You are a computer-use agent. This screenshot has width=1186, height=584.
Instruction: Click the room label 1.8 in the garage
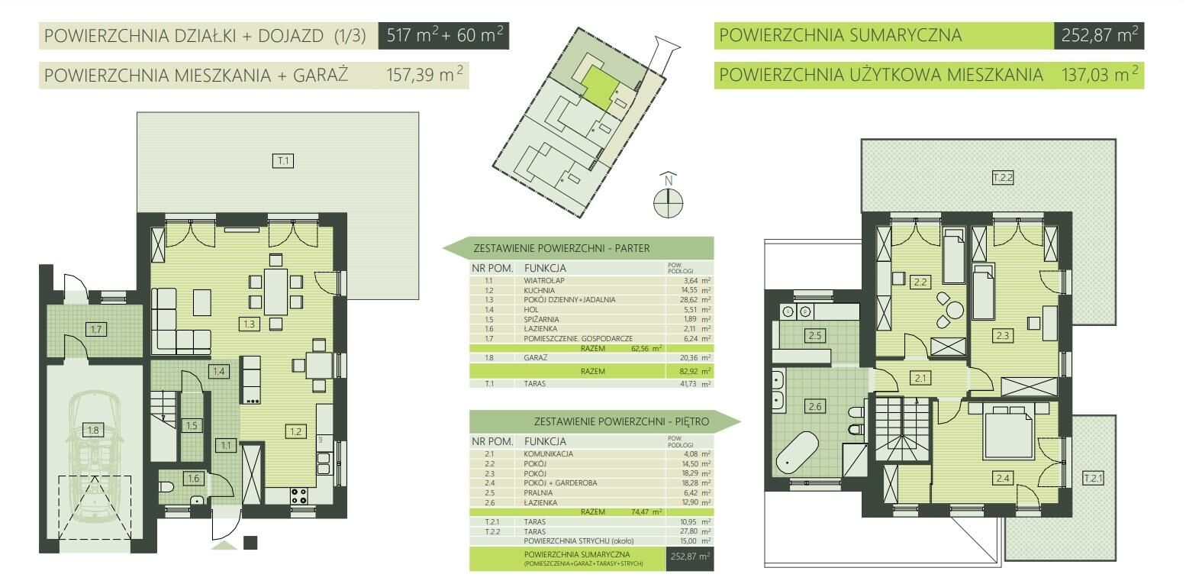click(93, 430)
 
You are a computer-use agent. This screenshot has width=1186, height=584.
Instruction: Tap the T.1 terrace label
click(283, 160)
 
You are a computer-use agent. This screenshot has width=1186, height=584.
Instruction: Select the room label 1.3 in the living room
click(250, 324)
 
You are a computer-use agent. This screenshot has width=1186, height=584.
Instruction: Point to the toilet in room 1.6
click(167, 486)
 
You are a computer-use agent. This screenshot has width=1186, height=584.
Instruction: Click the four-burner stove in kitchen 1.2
click(298, 495)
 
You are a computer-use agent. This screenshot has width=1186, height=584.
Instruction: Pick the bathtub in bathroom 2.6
click(798, 453)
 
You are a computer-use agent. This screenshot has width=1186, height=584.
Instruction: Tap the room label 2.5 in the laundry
click(815, 335)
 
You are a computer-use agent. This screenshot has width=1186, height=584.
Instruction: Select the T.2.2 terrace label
click(1002, 178)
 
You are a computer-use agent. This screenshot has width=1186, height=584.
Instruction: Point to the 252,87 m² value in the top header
click(1099, 35)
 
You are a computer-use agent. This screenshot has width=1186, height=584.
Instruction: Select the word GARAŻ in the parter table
click(535, 358)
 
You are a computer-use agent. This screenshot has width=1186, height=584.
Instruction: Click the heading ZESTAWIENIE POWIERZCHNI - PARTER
click(561, 248)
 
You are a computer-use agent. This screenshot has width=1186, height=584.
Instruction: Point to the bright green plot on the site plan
click(601, 86)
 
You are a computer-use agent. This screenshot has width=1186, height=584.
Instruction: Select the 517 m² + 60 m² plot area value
click(444, 35)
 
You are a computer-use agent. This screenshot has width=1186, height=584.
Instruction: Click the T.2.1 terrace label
click(1093, 479)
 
